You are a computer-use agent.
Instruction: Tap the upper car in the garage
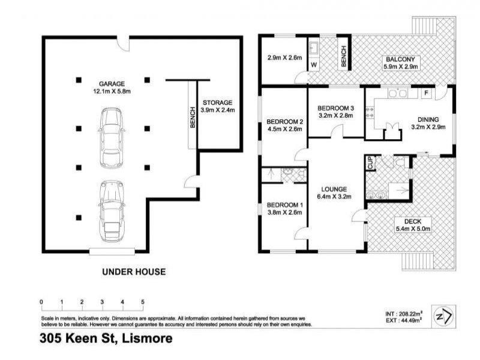pyautogui.click(x=112, y=138)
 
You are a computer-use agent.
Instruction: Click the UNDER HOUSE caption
pyautogui.click(x=133, y=272)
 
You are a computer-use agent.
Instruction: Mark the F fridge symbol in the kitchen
pyautogui.click(x=425, y=94)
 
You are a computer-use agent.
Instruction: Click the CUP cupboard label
pyautogui.click(x=370, y=162)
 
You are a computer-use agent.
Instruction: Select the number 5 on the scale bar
pyautogui.click(x=143, y=302)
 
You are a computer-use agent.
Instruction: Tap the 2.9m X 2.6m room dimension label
pyautogui.click(x=284, y=58)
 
